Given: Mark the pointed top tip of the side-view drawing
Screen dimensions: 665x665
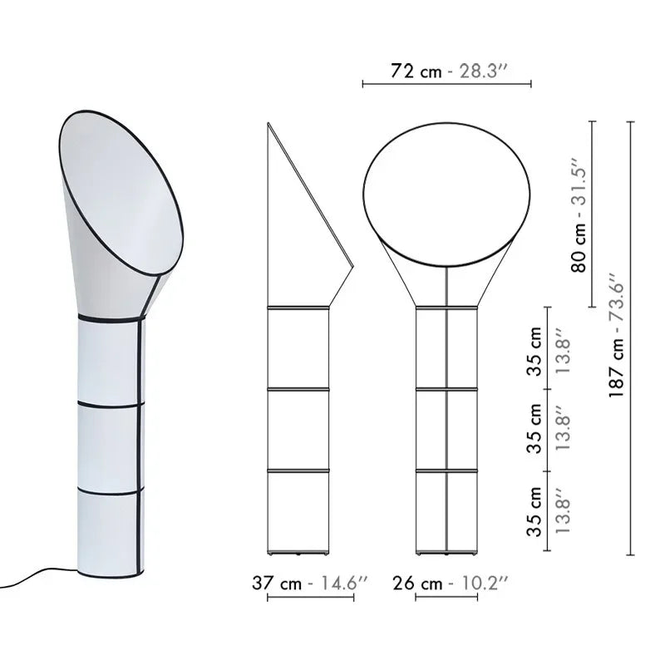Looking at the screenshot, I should [268, 124].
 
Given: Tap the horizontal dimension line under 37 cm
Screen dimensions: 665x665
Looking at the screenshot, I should [310, 598].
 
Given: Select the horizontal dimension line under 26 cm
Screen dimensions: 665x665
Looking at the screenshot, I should [448, 598].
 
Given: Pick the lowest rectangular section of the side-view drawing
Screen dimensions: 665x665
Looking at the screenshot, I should [298, 510].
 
